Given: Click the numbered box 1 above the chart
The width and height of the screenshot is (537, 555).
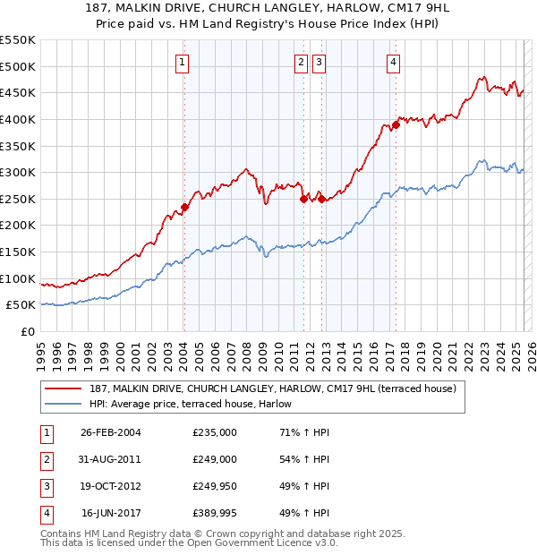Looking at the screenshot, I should coord(183,62).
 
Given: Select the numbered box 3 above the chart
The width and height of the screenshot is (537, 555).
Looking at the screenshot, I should coord(320,62).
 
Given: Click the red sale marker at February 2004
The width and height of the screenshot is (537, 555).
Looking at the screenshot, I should coord(184,207).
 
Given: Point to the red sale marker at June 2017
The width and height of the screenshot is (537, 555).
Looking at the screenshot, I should coord(395,125).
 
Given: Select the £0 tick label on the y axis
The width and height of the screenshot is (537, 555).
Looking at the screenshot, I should coord(27,331).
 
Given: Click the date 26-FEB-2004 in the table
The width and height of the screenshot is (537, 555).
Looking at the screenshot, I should coord(111,431).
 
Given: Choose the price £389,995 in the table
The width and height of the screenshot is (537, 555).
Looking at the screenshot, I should coord(215,513).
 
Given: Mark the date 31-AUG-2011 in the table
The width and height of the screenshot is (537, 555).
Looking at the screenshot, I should coord(111,459).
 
